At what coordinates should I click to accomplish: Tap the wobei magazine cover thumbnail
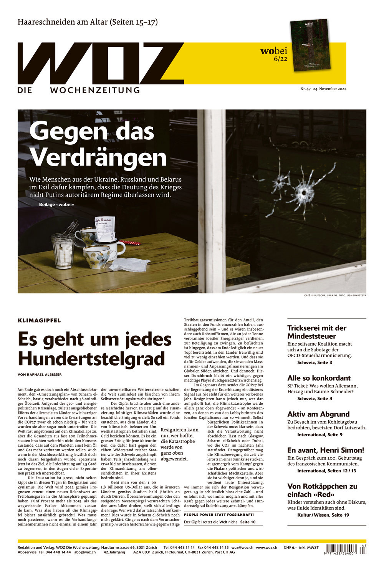[310, 45]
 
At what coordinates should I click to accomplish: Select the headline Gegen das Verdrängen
[98, 144]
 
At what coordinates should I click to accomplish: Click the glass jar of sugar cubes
[63, 252]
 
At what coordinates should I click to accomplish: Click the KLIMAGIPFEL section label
[39, 320]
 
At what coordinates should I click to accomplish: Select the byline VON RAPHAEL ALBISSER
[40, 374]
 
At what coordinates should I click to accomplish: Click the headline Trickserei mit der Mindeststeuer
[317, 332]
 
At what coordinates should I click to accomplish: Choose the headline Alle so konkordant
[319, 378]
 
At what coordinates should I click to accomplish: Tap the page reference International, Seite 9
[319, 435]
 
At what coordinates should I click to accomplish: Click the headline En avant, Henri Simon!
[325, 450]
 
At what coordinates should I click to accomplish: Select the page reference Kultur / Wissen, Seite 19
[323, 515]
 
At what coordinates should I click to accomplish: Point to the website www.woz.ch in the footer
[266, 547]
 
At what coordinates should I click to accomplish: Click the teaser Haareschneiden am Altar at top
[88, 22]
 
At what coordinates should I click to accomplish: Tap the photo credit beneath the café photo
[335, 296]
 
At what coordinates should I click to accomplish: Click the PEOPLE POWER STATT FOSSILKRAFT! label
[219, 515]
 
